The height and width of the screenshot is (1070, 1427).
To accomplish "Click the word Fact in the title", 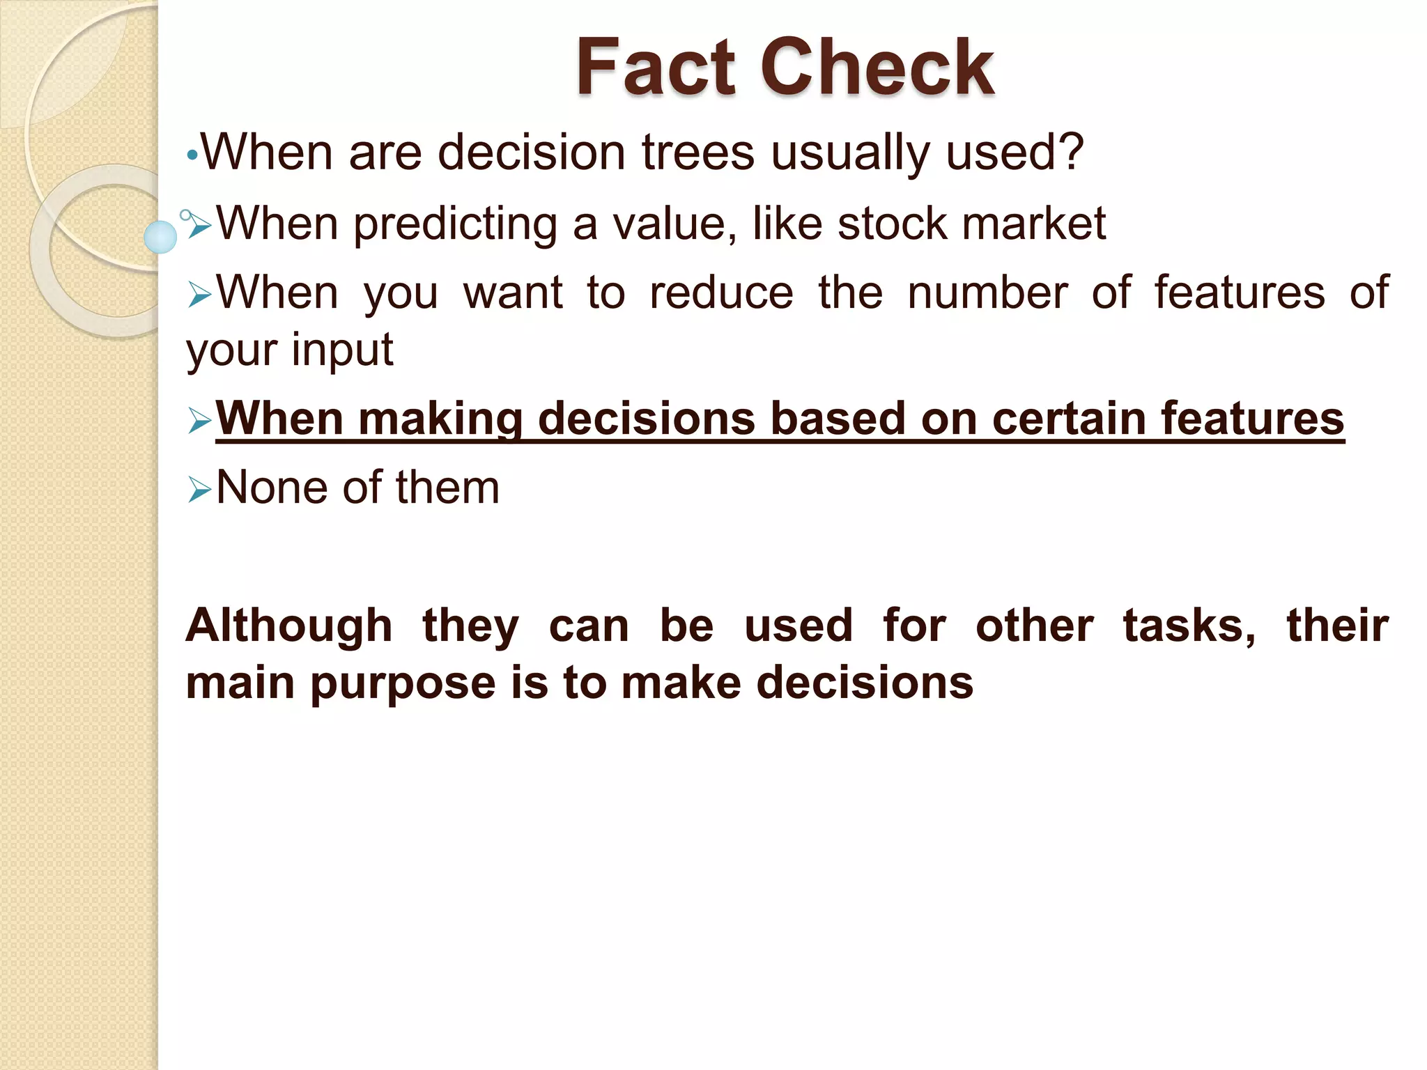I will tap(655, 68).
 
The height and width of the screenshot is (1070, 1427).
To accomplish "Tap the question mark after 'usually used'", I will tap(1066, 151).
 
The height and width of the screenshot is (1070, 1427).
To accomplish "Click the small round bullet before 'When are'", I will tap(192, 156).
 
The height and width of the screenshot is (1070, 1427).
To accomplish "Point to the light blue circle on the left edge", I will tap(160, 237).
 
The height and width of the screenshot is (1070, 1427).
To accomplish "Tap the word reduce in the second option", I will tap(721, 293).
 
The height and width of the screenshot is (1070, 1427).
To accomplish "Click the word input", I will tap(342, 349).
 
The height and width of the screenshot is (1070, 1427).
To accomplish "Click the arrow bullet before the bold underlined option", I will tap(199, 421).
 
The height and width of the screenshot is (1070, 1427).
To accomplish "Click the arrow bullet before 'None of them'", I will tap(199, 491).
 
